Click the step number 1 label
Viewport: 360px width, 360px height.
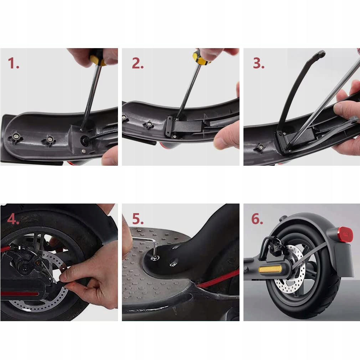pyautogui.click(x=13, y=63)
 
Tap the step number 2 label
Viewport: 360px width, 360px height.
pyautogui.click(x=138, y=63)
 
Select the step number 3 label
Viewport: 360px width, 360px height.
pyautogui.click(x=259, y=63)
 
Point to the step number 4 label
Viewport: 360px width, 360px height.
pyautogui.click(x=13, y=219)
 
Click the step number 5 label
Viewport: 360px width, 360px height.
pyautogui.click(x=138, y=219)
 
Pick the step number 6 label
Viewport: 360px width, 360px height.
pyautogui.click(x=257, y=219)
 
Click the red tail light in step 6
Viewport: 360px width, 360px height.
pyautogui.click(x=345, y=234)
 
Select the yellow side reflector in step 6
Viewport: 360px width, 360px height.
pyautogui.click(x=270, y=269)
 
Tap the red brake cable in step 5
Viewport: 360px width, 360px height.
pyautogui.click(x=218, y=279)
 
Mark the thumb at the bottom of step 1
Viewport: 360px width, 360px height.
pyautogui.click(x=110, y=156)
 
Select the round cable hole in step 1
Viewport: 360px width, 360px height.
pyautogui.click(x=84, y=140)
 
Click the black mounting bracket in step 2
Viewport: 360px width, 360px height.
pyautogui.click(x=184, y=127)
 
